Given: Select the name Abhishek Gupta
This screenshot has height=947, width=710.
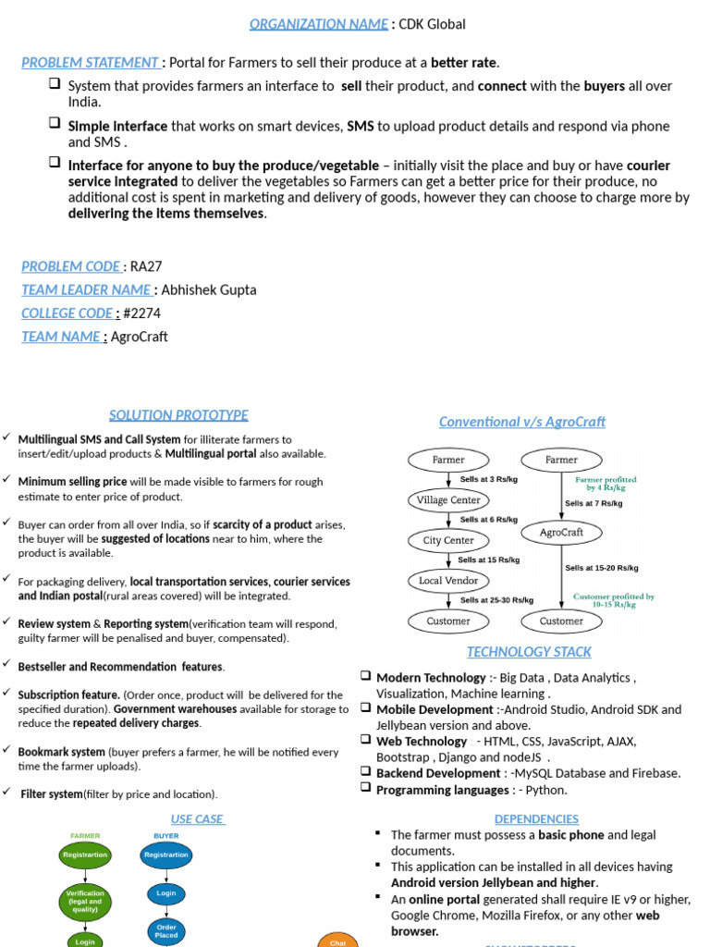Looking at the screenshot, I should point(209,289).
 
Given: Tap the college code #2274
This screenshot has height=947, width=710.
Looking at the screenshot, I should point(141,313).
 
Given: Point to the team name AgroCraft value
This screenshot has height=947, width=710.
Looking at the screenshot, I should point(140,336).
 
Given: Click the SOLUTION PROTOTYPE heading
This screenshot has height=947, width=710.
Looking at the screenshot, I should point(178,415).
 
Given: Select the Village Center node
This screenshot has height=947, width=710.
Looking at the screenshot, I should point(448,500).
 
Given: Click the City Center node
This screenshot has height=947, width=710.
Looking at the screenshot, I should point(448,540).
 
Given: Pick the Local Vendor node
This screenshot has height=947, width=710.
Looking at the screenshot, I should point(448,581).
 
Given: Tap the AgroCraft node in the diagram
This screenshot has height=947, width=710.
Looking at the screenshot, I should point(561,532).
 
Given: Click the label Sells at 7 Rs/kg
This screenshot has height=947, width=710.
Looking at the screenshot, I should point(594,503).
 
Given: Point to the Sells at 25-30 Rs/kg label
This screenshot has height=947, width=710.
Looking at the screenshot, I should point(496,600).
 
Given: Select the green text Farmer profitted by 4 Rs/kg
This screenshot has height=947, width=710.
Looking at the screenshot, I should point(606,484).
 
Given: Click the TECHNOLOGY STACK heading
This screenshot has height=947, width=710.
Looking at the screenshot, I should point(529,652).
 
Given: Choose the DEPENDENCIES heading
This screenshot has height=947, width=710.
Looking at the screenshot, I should point(536,818).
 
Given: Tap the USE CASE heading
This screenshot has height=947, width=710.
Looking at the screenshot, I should point(198,818).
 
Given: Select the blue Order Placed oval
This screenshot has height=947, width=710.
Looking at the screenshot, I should point(165,931).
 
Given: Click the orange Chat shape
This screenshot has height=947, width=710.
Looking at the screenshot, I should point(337,940).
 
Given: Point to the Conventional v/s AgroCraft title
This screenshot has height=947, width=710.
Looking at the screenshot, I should point(522,422).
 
